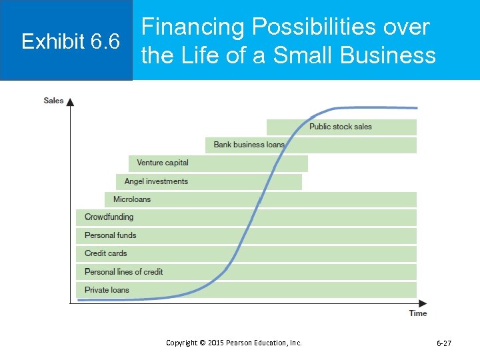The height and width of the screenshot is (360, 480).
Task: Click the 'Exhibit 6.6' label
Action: tap(70, 42)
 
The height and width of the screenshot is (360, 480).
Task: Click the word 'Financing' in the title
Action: tap(193, 27)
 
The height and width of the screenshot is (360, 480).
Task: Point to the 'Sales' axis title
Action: tap(53, 101)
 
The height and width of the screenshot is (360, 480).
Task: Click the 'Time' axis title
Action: tap(418, 313)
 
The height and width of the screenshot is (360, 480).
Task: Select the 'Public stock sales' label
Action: tap(340, 127)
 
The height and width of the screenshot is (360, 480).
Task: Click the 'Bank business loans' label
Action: tap(249, 145)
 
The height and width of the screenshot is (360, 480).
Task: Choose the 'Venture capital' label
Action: tap(163, 163)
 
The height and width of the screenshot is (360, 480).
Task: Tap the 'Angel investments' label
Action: tap(156, 181)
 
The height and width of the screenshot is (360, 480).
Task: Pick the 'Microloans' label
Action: tap(132, 199)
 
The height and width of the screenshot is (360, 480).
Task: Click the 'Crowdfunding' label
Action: tap(109, 217)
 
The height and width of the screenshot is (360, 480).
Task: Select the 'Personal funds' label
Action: tap(110, 235)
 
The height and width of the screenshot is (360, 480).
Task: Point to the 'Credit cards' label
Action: tap(105, 253)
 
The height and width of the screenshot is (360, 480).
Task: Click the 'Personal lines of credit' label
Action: tap(123, 272)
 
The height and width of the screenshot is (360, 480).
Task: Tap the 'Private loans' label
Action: tap(107, 290)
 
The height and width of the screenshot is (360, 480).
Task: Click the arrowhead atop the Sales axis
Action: tap(71, 101)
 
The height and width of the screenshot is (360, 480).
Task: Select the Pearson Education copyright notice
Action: tap(233, 343)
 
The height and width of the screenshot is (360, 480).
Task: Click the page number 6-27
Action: tap(443, 343)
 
